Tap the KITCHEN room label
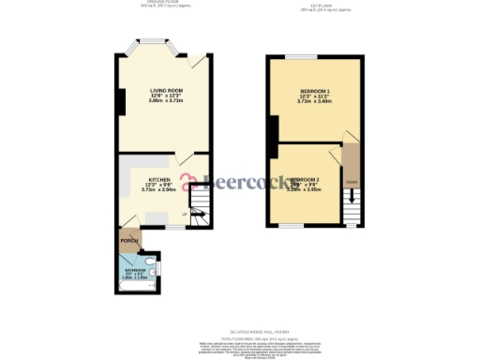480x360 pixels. (158, 178)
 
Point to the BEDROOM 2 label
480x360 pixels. (306, 179)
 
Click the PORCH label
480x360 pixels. (129, 240)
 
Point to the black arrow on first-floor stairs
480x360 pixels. (352, 196)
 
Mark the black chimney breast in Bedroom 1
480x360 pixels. (272, 138)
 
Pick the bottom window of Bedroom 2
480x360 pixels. (293, 226)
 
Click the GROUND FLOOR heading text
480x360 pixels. (157, 3)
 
